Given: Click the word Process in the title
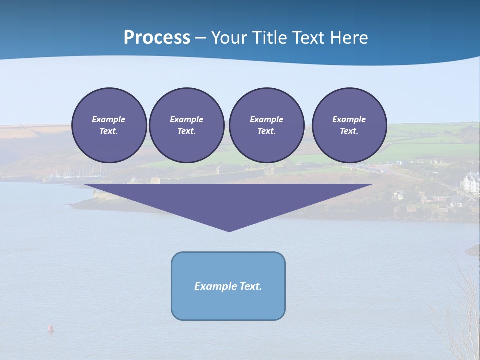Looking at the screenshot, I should [157, 38].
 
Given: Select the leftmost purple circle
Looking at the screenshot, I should [109, 125].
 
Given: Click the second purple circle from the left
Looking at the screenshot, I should [186, 125].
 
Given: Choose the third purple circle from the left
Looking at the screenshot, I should [266, 125].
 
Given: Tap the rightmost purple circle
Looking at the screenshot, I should [349, 125].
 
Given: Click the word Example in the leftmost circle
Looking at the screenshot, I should [109, 119].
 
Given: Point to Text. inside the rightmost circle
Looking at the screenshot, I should [349, 131].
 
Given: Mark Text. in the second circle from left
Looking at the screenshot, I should [186, 131].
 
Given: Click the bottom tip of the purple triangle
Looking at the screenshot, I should [229, 230].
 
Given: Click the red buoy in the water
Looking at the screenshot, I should [50, 328].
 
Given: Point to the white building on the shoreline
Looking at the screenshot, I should [471, 183].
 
